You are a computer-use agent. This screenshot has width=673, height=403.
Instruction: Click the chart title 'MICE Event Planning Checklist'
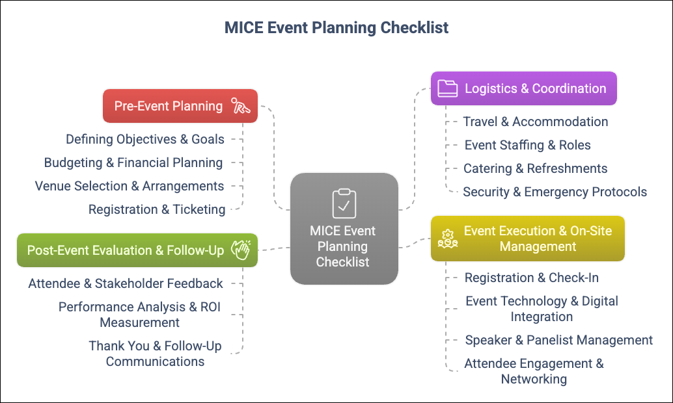click(x=336, y=28)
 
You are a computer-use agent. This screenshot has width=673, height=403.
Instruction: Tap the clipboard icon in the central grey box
click(x=344, y=203)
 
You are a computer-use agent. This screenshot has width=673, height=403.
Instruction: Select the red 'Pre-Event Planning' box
click(x=180, y=106)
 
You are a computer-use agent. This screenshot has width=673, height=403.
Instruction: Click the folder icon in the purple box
click(x=448, y=88)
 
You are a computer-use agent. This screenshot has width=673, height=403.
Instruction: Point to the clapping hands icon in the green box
click(x=241, y=250)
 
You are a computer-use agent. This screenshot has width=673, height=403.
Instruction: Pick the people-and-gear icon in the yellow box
click(x=448, y=239)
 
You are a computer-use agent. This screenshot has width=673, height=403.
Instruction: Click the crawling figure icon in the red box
click(x=240, y=106)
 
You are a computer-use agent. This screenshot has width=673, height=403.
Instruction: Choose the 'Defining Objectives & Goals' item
click(x=145, y=139)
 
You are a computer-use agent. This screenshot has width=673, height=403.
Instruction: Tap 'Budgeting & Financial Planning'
click(x=133, y=163)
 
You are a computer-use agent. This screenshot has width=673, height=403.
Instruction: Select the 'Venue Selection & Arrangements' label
click(x=130, y=186)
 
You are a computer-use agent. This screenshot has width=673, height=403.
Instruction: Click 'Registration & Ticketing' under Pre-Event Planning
click(x=157, y=210)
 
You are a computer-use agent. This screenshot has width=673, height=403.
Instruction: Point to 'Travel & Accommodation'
click(x=536, y=122)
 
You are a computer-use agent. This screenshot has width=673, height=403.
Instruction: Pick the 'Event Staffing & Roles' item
click(x=527, y=146)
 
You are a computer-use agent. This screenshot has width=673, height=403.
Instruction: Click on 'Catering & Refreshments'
click(x=535, y=168)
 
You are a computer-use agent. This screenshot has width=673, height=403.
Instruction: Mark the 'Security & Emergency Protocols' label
click(x=555, y=192)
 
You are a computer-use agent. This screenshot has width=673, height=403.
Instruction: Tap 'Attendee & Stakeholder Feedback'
click(x=126, y=284)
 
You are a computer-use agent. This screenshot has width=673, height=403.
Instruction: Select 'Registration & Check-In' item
click(x=531, y=278)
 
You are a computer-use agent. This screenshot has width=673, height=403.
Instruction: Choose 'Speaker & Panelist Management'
click(x=559, y=340)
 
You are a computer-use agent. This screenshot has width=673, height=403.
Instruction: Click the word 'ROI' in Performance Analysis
click(x=210, y=307)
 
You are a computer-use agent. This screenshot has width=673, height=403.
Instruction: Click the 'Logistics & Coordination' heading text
click(x=536, y=88)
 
